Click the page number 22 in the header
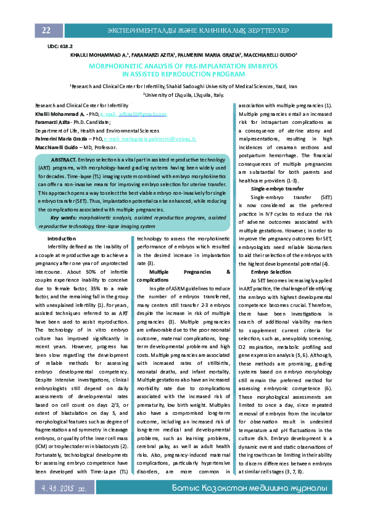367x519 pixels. [46, 31]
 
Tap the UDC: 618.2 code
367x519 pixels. [60, 46]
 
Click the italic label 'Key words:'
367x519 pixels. [64, 218]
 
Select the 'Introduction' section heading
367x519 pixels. [62, 238]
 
